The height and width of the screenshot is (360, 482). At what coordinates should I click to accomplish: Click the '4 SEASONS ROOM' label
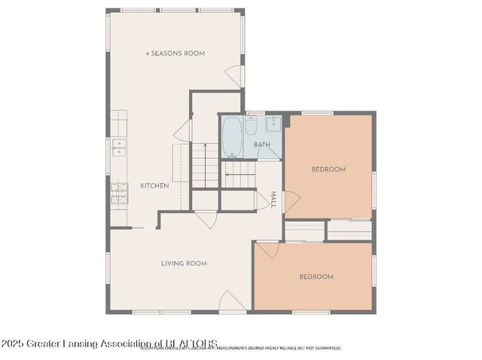pos(175,53)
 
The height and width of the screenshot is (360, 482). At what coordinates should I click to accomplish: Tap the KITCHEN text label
pos(154,185)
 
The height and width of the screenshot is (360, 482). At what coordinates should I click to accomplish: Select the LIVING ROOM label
pos(184,264)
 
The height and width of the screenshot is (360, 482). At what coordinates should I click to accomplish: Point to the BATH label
pos(261,145)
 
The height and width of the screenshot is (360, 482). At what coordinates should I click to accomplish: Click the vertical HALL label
pos(273,200)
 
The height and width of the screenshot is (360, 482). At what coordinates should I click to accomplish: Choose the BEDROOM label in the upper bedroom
pos(328,169)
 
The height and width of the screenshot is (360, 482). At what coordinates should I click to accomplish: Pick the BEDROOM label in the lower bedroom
pos(316,277)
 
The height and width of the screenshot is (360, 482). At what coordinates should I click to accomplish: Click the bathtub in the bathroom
pos(233,136)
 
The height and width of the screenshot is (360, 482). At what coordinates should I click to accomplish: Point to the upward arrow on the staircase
pos(205,143)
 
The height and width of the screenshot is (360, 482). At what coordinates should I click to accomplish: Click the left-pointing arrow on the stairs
pos(227,175)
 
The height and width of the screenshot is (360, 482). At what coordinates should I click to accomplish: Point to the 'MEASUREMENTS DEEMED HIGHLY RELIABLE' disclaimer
pos(279,349)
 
